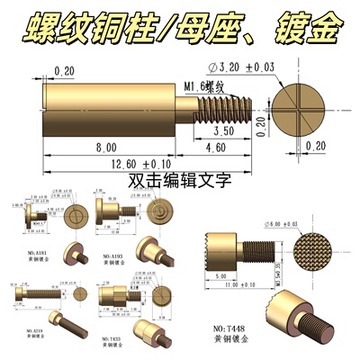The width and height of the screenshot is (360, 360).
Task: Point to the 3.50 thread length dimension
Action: (x=225, y=130)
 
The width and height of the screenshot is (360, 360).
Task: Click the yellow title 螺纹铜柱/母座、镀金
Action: (x=180, y=27)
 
